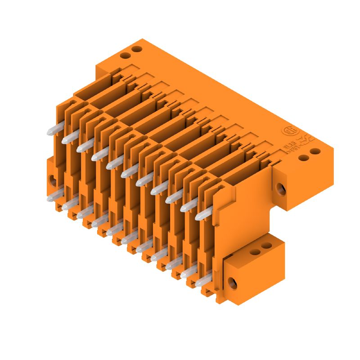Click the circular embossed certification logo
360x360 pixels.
pyautogui.click(x=287, y=131)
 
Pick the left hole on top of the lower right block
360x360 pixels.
pyautogui.click(x=256, y=251)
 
